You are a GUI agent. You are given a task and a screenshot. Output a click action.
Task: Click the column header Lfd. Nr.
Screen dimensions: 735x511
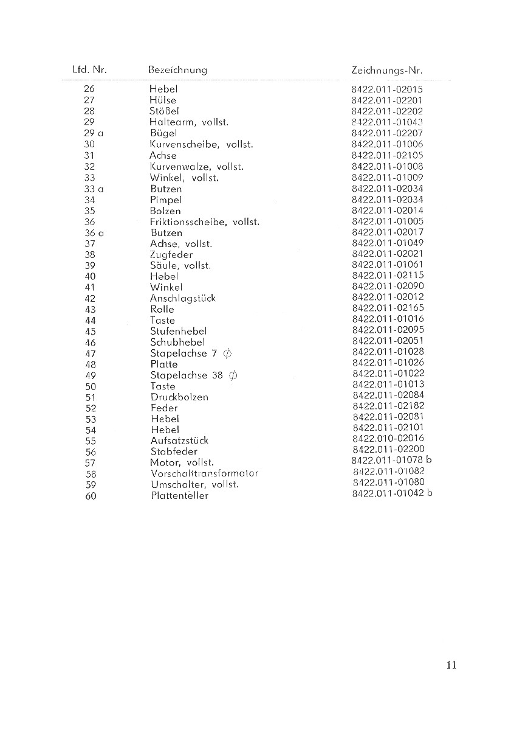89,70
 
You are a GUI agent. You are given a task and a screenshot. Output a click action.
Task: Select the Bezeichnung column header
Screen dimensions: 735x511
177,70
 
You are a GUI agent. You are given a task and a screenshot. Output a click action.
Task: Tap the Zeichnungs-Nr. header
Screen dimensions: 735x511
387,71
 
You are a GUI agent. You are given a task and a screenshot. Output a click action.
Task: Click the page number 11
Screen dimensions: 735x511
450,665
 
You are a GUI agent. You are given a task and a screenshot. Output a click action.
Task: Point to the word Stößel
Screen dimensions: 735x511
164,111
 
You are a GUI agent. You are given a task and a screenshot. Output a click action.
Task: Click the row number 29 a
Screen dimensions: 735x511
92,133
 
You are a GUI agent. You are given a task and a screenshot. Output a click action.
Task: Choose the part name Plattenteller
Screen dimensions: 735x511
179,496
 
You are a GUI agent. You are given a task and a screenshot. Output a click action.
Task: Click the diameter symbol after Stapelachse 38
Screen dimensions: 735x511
233,375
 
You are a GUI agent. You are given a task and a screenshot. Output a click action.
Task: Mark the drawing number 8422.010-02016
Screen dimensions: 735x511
388,438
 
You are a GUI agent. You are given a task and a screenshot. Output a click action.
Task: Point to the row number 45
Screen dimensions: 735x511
91,332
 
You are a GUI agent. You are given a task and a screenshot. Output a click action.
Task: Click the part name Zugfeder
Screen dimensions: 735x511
171,255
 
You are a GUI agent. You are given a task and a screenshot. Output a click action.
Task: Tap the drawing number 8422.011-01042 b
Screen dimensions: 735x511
392,493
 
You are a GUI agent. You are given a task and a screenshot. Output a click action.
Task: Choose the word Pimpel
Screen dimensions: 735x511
166,200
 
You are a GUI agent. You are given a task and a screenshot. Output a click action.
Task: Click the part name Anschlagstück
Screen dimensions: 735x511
182,299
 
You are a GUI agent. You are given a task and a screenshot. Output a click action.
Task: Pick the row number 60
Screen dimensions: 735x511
91,496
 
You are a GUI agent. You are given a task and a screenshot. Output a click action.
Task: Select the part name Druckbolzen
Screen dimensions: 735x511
179,397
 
